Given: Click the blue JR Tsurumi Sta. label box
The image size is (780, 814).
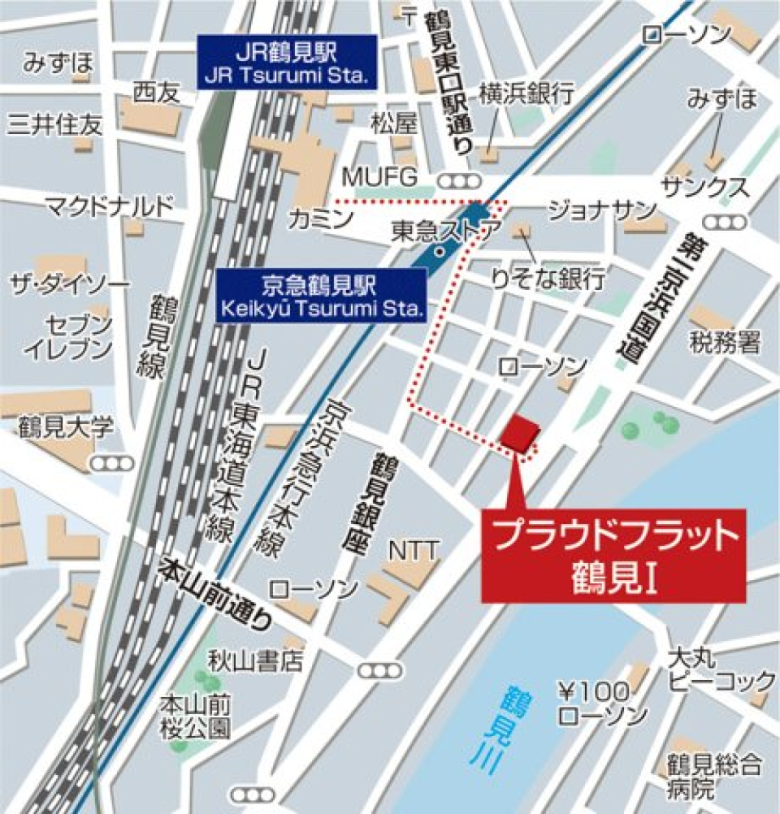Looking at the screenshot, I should [x=288, y=63].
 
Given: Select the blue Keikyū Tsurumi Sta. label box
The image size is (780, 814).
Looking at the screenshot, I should [x=322, y=297].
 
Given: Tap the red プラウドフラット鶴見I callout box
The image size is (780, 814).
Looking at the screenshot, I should [x=613, y=556].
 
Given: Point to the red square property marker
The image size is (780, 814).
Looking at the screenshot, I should [x=519, y=433].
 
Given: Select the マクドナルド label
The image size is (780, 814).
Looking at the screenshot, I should [x=110, y=206].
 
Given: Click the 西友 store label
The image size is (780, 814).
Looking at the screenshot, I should [x=156, y=93].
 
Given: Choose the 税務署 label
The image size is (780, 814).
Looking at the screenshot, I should [x=726, y=343].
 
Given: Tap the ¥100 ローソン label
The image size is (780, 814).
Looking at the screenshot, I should [x=602, y=704].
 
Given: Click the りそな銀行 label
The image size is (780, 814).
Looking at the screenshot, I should [x=548, y=280].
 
